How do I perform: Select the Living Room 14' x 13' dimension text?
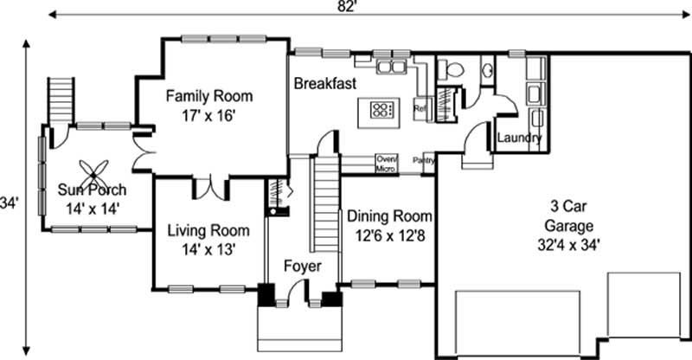pyautogui.click(x=208, y=249)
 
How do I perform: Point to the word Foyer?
pyautogui.click(x=303, y=267)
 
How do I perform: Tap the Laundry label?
pyautogui.click(x=520, y=138)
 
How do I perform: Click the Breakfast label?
pyautogui.click(x=325, y=84)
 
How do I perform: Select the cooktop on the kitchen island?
pyautogui.click(x=381, y=109)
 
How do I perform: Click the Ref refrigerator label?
pyautogui.click(x=421, y=109)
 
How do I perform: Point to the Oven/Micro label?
pyautogui.click(x=386, y=164)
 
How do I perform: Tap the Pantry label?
pyautogui.click(x=423, y=160)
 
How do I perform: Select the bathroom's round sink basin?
pyautogui.click(x=487, y=70)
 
